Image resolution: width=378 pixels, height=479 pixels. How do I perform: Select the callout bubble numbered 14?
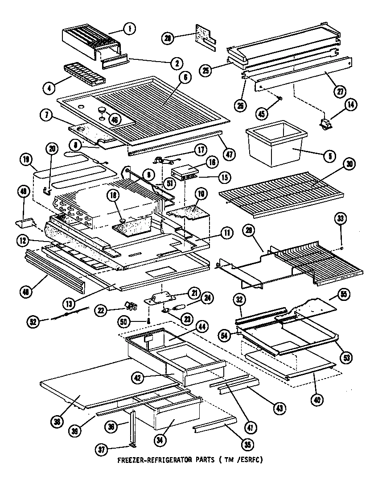click(x=350, y=106)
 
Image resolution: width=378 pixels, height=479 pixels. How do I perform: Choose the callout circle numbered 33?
click(x=341, y=218)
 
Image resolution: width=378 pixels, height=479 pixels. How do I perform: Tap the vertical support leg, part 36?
click(x=133, y=427)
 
